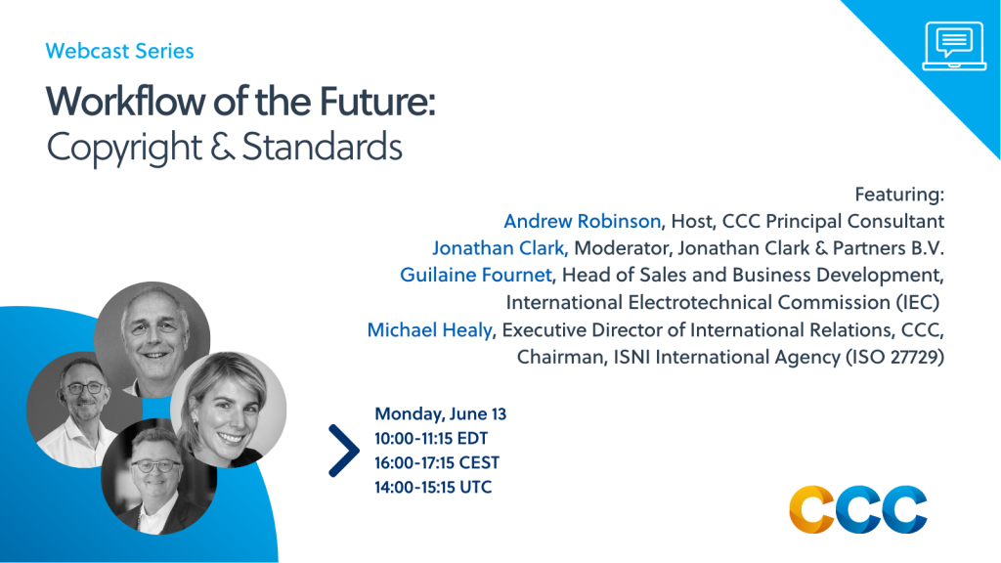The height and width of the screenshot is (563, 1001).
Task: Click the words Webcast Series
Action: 119,51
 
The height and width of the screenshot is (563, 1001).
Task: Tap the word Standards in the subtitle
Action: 323,147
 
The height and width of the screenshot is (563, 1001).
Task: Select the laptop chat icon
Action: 954,46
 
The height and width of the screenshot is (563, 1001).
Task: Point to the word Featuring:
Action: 899,195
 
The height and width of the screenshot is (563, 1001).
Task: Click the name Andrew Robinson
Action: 583,221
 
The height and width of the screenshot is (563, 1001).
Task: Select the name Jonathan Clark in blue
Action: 499,247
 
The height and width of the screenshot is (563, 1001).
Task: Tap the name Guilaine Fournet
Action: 476,275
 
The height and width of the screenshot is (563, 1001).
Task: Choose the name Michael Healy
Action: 430,329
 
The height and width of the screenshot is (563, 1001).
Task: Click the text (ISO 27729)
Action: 895,357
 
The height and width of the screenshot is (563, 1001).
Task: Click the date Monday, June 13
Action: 441,413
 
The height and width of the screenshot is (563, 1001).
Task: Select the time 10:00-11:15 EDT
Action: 431,439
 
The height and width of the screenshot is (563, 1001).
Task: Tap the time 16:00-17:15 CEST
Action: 437,462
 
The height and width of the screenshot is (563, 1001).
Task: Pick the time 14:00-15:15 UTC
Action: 433,487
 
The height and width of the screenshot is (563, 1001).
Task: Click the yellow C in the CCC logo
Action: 812,509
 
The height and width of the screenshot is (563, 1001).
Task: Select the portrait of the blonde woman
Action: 229,410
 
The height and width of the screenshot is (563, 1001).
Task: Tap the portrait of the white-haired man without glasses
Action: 152,339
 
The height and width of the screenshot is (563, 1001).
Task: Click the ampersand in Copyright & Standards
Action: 222,148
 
